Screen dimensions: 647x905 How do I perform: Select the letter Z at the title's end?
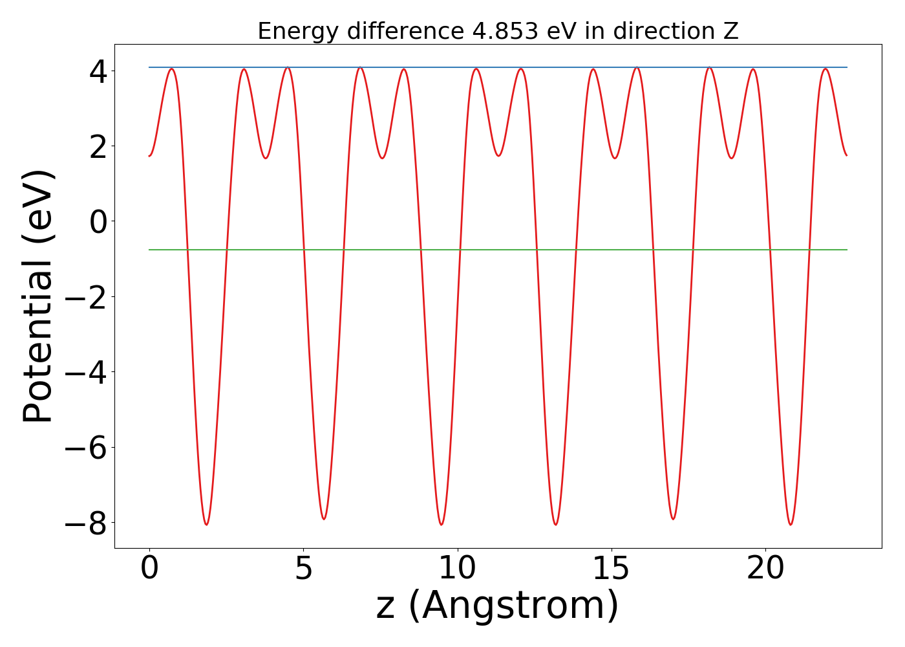click(730, 31)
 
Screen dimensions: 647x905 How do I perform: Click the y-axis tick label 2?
click(98, 146)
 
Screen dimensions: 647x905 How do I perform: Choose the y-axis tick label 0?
click(98, 222)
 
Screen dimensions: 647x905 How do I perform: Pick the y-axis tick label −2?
click(88, 297)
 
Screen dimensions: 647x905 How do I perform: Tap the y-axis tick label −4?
click(88, 373)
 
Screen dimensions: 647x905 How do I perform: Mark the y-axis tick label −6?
click(88, 448)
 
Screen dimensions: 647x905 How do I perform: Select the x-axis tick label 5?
click(303, 569)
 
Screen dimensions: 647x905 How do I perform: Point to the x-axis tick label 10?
click(458, 569)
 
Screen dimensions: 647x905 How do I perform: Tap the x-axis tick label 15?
click(612, 569)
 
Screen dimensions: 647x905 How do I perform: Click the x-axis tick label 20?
click(765, 569)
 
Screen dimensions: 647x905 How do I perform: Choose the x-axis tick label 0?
click(149, 569)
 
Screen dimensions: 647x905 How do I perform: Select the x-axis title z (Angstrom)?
click(497, 606)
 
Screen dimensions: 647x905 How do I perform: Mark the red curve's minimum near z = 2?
click(206, 524)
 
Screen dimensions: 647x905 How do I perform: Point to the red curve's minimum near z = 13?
click(556, 524)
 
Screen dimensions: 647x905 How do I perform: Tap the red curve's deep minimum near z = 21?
click(791, 524)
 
